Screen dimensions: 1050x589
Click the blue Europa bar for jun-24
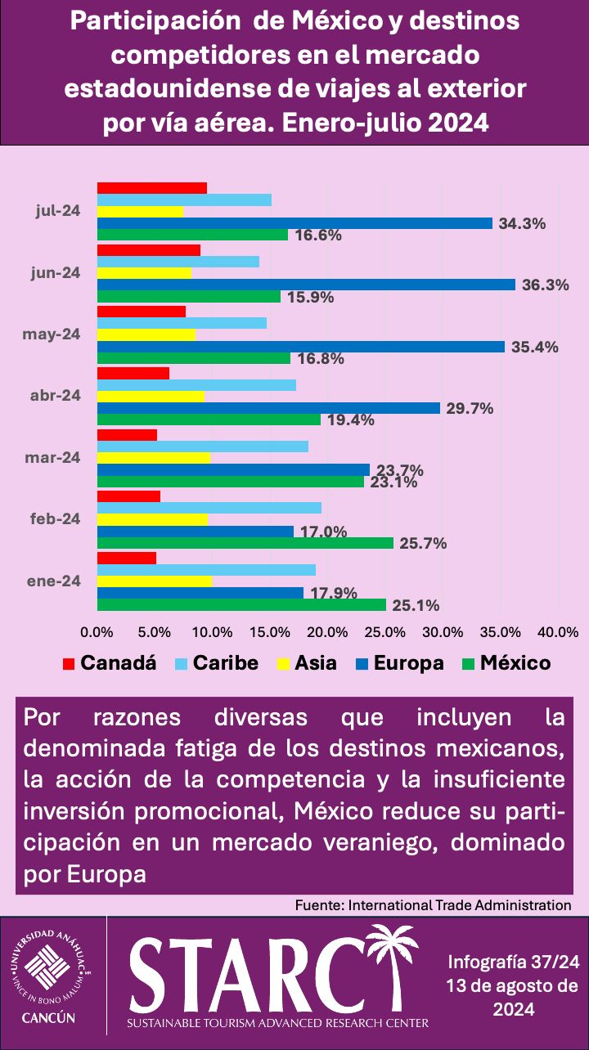coord(306,285)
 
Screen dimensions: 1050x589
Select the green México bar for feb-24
coord(245,543)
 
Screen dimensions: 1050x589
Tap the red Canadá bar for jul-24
coord(152,187)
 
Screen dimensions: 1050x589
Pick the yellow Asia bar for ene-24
coord(155,581)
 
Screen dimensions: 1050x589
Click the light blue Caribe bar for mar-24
coord(203,446)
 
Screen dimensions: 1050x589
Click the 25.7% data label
coord(423,544)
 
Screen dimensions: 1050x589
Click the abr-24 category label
coord(56,395)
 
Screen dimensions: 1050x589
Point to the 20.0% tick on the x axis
coord(327,632)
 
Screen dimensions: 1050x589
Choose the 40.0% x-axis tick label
coord(558,632)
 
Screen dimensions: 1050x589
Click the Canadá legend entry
coord(109,662)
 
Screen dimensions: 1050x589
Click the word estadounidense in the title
coord(178,88)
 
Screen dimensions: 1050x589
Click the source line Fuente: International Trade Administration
coord(433,904)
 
